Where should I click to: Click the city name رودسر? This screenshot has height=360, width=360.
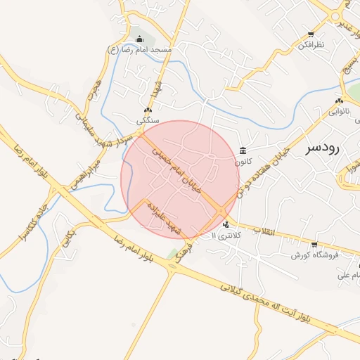(323, 148)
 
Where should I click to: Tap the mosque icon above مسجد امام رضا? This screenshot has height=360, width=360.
(139, 39)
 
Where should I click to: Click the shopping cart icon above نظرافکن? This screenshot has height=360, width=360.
(311, 34)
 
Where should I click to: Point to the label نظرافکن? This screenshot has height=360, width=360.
(311, 44)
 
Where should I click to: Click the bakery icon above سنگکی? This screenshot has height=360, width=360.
(148, 110)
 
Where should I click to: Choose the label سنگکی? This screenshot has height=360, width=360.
(148, 121)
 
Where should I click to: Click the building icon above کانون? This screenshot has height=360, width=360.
(243, 150)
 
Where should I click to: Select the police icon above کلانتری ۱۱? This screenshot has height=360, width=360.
(226, 225)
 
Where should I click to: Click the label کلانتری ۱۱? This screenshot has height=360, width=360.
(226, 236)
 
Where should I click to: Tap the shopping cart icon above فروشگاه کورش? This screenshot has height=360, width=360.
(314, 245)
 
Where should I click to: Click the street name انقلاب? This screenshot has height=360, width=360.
(266, 231)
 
